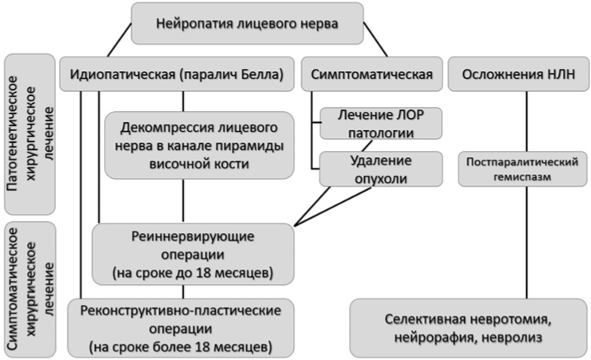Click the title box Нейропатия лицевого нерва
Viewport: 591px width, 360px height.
(247, 23)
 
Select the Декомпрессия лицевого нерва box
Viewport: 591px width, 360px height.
(199, 144)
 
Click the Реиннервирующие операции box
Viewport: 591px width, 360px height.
(193, 254)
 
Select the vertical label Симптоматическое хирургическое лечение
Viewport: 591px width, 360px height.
(29, 289)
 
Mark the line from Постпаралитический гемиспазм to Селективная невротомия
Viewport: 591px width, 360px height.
(527, 239)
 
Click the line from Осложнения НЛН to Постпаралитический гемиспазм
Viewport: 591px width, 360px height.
(527, 120)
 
